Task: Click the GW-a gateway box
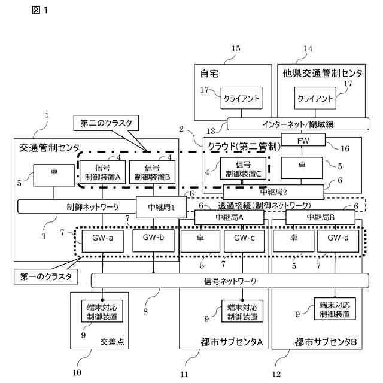tap(102, 241)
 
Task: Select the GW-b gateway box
tap(153, 241)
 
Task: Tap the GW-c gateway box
tap(244, 241)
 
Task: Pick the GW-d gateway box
tap(338, 241)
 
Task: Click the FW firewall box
tap(303, 139)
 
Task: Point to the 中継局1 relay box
tap(161, 207)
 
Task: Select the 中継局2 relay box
tap(273, 192)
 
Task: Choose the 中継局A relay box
tap(229, 217)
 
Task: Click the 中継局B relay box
tap(321, 217)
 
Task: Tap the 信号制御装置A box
tap(102, 172)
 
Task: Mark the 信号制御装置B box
tap(152, 172)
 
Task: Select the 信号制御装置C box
tap(244, 169)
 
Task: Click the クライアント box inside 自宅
tap(242, 98)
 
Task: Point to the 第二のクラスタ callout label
tap(107, 123)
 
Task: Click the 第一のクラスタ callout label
tap(46, 276)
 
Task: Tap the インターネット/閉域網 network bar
tap(298, 124)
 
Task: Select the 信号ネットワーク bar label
tap(230, 281)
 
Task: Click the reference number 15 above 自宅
tap(236, 48)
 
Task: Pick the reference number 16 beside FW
tap(345, 148)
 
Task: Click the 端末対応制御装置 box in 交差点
tap(102, 311)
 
